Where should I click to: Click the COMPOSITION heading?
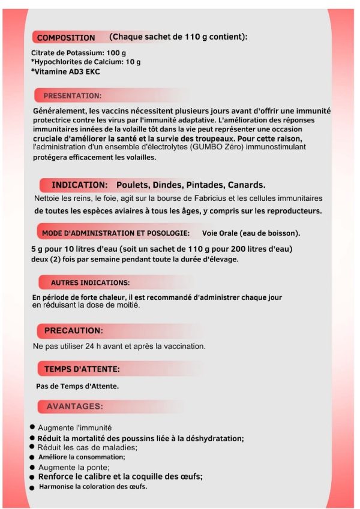[66, 38]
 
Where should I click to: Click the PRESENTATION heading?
[72, 95]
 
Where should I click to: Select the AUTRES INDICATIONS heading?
[90, 282]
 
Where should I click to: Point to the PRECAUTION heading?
[73, 330]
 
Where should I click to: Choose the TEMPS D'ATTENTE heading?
[82, 368]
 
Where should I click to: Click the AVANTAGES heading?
[74, 406]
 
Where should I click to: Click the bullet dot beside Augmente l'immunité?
[32, 427]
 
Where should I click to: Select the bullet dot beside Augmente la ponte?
[32, 466]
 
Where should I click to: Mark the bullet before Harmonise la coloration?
[32, 487]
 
